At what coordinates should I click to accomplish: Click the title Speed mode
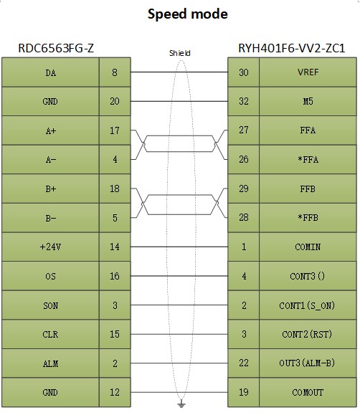pyautogui.click(x=188, y=14)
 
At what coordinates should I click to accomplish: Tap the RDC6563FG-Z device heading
pyautogui.click(x=56, y=48)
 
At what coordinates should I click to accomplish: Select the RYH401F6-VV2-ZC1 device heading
pyautogui.click(x=292, y=48)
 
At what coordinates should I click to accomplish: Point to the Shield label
pyautogui.click(x=180, y=53)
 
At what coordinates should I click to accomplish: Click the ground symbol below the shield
pyautogui.click(x=181, y=404)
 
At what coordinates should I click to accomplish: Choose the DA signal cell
pyautogui.click(x=50, y=72)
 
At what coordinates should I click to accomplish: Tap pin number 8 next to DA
pyautogui.click(x=115, y=72)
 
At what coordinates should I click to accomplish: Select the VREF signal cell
pyautogui.click(x=308, y=72)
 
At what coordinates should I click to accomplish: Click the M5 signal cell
pyautogui.click(x=308, y=101)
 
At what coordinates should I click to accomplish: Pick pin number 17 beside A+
pyautogui.click(x=115, y=130)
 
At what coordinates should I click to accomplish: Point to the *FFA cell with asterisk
pyautogui.click(x=308, y=160)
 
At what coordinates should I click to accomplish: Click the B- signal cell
pyautogui.click(x=50, y=218)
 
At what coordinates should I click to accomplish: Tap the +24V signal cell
pyautogui.click(x=50, y=247)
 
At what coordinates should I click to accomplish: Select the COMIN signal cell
pyautogui.click(x=308, y=247)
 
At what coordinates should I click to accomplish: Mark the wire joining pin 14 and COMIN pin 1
pyautogui.click(x=179, y=247)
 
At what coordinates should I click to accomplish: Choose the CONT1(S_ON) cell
pyautogui.click(x=308, y=305)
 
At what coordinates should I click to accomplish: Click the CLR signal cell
pyautogui.click(x=50, y=334)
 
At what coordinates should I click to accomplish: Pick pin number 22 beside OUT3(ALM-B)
pyautogui.click(x=243, y=363)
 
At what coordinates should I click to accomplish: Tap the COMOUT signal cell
pyautogui.click(x=308, y=392)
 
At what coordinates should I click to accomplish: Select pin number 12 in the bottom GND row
pyautogui.click(x=115, y=392)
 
